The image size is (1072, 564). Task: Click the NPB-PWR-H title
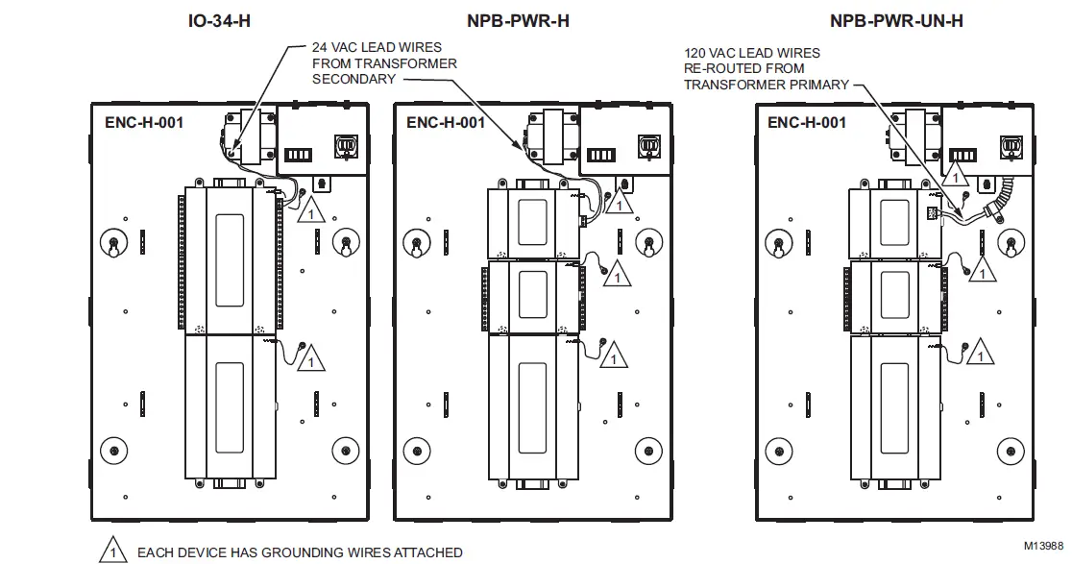(518, 20)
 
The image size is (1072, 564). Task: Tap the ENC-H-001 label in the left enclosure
(144, 122)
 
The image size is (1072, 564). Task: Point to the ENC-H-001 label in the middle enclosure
(446, 122)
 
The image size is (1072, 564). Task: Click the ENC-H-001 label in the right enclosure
(807, 122)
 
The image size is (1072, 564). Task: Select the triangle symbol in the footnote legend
(113, 552)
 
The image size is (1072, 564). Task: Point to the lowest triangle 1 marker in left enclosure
(310, 358)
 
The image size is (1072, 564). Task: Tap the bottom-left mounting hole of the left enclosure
(114, 450)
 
